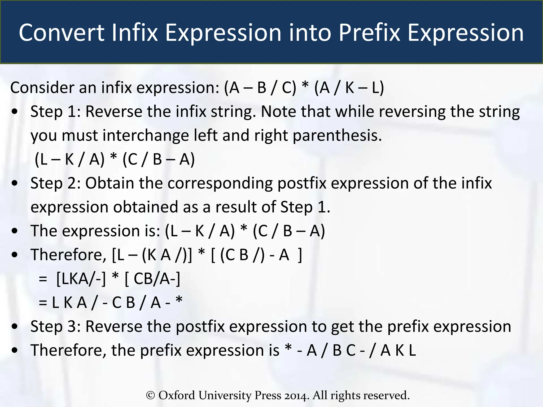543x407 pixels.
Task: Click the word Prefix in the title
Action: pyautogui.click(x=369, y=33)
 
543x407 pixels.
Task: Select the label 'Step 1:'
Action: pyautogui.click(x=55, y=111)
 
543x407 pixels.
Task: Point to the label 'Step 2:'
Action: pyautogui.click(x=55, y=183)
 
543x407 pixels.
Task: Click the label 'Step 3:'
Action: pyautogui.click(x=55, y=326)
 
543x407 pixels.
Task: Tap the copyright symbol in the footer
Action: pyautogui.click(x=150, y=395)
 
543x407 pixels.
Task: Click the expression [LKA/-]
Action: pyautogui.click(x=81, y=279)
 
